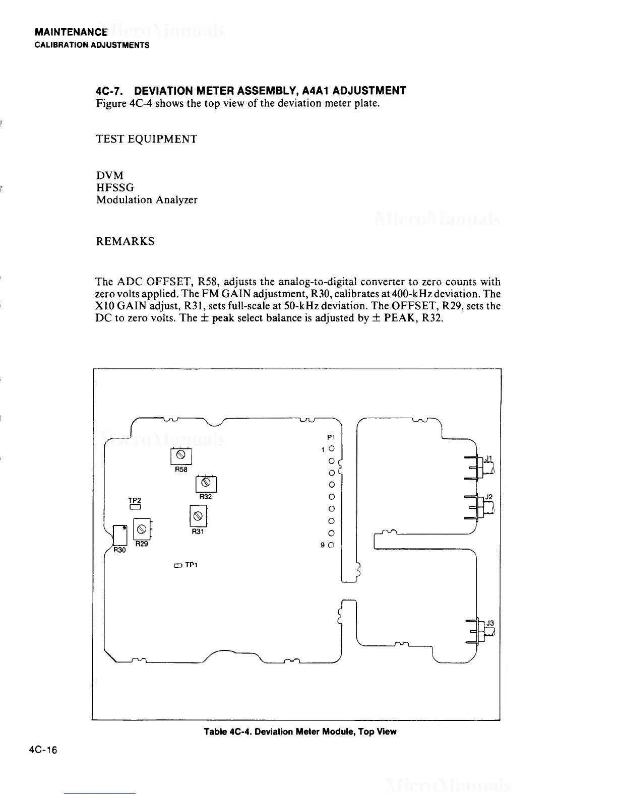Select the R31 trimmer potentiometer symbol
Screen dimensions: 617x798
coord(198,515)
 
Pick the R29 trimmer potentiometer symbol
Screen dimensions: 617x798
coord(141,529)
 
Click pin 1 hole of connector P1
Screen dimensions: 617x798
coord(331,448)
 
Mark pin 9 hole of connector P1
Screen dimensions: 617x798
coord(331,545)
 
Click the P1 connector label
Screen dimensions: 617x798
coord(331,437)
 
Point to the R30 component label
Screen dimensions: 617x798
coord(118,550)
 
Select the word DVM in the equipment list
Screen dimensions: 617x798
coord(109,175)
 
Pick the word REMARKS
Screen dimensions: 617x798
coord(125,241)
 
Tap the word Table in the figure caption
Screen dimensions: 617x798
coord(216,731)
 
